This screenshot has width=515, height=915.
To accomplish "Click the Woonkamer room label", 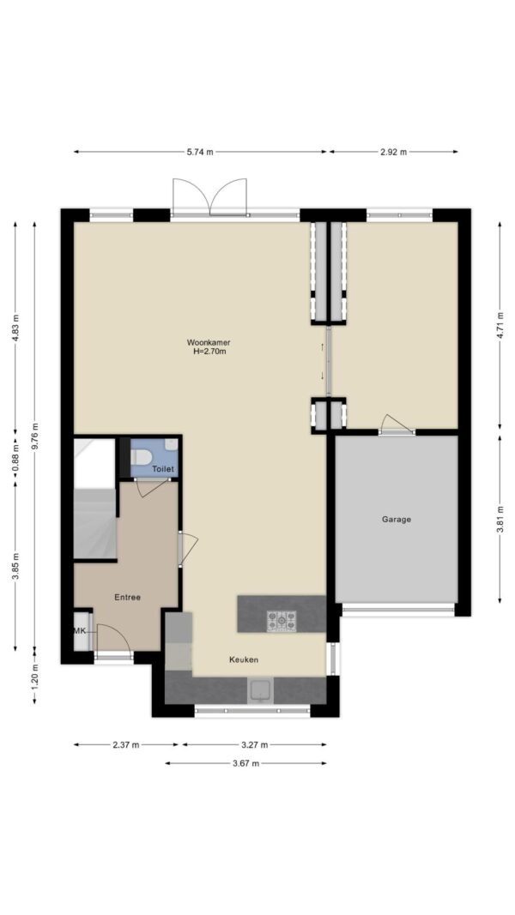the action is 204,342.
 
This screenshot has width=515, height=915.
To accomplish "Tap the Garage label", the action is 397,519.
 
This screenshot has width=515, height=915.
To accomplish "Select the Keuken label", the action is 244,659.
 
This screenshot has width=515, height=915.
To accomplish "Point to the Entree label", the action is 127,597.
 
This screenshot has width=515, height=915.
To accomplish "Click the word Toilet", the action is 163,468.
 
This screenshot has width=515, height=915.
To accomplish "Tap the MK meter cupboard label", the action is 80,631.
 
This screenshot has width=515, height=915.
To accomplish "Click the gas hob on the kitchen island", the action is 282,621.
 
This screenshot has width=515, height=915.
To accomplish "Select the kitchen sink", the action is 261,689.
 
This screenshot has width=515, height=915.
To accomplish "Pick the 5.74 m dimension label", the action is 200,152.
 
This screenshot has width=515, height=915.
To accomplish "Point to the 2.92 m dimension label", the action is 394,152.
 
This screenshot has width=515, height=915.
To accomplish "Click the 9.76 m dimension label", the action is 34,436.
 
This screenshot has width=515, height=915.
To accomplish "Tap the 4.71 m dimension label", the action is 500,326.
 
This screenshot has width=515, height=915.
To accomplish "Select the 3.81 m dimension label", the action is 500,520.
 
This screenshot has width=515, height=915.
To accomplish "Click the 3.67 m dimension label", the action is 245,763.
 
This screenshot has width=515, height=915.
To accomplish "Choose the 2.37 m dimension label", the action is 126,744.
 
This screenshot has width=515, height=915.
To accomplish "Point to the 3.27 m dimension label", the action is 255,744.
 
